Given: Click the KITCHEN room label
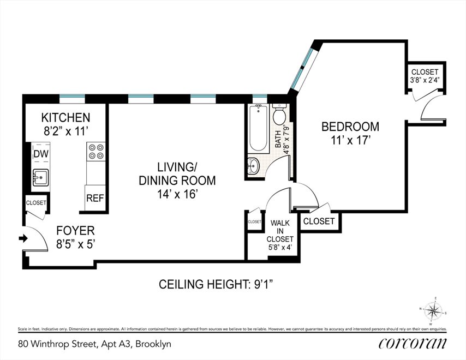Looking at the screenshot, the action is tap(65, 118).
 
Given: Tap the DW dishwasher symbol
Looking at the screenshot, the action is tap(41, 154).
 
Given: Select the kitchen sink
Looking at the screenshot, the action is tap(40, 178).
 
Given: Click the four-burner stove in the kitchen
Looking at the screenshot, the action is tap(96, 152).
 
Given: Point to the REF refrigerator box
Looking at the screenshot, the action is tap(95, 198).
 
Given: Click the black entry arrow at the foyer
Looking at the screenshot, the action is tap(23, 238).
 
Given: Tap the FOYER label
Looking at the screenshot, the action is tap(75, 231).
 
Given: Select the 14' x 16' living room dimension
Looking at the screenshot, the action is tap(177, 194).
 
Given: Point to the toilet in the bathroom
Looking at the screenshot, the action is tap(279, 115).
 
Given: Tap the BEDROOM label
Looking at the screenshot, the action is tap(350, 127).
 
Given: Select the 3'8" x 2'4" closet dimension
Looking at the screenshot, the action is tap(425, 80).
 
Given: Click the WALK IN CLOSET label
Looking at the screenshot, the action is tap(280, 231).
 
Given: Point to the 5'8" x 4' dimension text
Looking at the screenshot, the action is tap(280, 247).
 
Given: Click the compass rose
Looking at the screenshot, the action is tap(433, 311).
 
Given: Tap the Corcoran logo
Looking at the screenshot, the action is tap(413, 344).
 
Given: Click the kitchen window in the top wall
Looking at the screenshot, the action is tap(72, 99).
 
